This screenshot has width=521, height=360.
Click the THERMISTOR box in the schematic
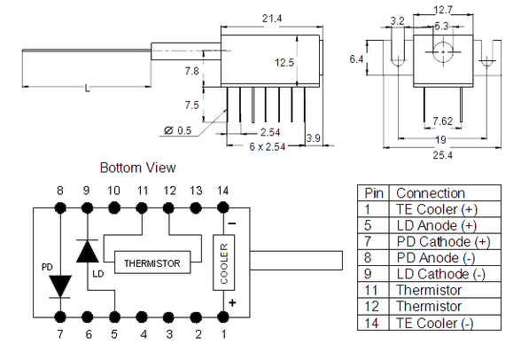152,262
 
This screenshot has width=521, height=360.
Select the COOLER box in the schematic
223,262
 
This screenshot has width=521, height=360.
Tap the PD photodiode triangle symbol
60,286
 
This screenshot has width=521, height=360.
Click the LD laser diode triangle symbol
87,251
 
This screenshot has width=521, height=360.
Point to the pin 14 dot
222,208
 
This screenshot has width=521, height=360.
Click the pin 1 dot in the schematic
222,317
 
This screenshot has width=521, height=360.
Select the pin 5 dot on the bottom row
114,317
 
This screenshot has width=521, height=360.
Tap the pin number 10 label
113,191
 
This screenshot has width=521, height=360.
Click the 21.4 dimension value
272,19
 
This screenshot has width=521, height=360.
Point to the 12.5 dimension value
284,62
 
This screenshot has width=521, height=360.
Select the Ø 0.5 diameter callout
177,130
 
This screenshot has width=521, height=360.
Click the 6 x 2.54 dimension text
268,146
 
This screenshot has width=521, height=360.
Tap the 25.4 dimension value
442,155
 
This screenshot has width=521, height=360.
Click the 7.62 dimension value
443,121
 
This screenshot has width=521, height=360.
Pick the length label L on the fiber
87,89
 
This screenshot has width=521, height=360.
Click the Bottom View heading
138,168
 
